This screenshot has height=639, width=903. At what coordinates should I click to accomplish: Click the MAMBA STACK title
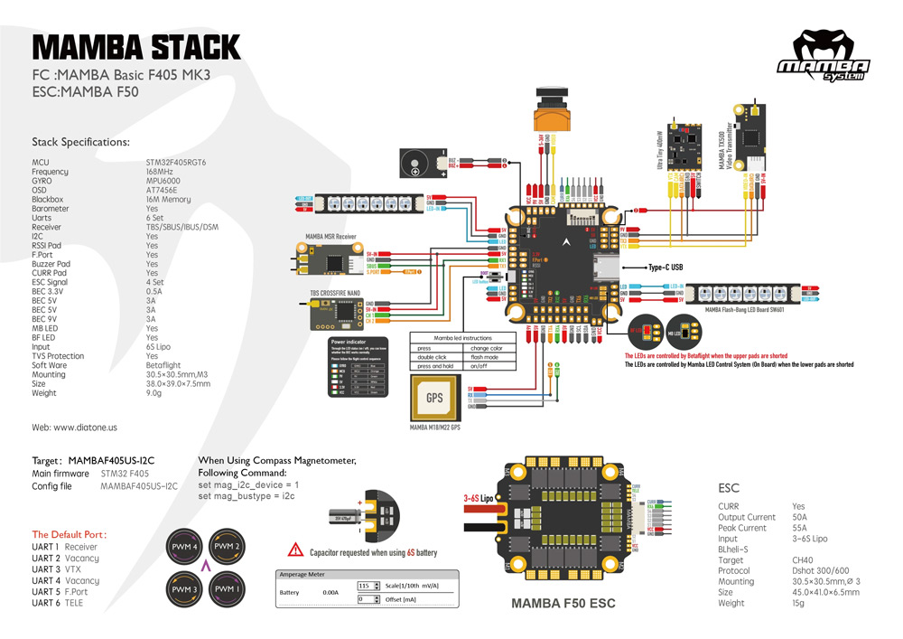tap(136, 46)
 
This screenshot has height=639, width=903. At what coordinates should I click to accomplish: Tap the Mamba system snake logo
tap(823, 57)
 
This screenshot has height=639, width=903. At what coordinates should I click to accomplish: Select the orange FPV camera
tap(553, 117)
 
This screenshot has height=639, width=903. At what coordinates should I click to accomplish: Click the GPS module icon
tap(434, 398)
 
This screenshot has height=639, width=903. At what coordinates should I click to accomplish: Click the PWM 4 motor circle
tap(185, 548)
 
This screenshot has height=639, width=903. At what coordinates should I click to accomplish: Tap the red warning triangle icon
tap(295, 550)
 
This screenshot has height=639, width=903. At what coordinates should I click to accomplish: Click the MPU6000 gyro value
tap(164, 181)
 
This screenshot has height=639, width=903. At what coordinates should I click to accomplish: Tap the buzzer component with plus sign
tap(417, 164)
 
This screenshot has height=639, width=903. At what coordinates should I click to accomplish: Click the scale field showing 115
tap(366, 586)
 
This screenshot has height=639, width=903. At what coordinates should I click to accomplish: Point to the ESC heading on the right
tap(728, 486)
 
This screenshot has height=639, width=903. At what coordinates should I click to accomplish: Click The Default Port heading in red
tap(64, 534)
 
